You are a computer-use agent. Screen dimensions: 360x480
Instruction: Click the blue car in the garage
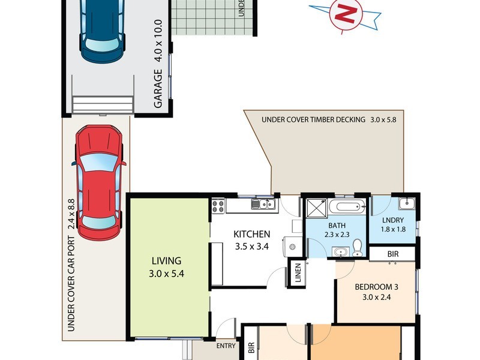coord(103,30)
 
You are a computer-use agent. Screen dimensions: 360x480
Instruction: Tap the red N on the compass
coord(345,14)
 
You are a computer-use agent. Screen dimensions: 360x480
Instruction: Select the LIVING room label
coord(166,261)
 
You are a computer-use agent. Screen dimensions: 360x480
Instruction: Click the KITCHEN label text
coord(251,234)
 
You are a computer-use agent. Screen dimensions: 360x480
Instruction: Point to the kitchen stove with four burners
coord(217,206)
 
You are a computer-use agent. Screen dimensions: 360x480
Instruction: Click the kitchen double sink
coord(263,205)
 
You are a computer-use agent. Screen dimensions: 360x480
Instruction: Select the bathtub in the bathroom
coord(347,208)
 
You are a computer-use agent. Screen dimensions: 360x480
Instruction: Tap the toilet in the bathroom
coord(356,247)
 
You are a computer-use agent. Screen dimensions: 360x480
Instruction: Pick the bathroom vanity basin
coord(341,252)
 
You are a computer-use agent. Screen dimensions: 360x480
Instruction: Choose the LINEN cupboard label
coord(297,273)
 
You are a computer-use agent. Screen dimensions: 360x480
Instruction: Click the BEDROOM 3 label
coord(377,287)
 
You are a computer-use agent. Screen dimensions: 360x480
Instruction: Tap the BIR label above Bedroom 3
coord(393,254)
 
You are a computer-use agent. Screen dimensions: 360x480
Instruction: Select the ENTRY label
coord(226,346)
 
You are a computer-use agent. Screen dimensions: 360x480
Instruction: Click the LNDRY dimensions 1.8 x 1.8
coord(393,229)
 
